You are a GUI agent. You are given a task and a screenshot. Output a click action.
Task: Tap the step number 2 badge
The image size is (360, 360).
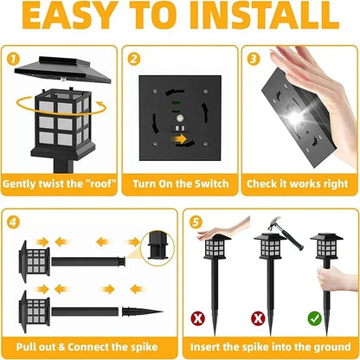click(133, 60)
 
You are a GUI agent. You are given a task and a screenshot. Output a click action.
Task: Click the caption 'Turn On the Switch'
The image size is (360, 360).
click(179, 183)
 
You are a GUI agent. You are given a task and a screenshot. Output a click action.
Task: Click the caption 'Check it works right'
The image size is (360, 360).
click(298, 183)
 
